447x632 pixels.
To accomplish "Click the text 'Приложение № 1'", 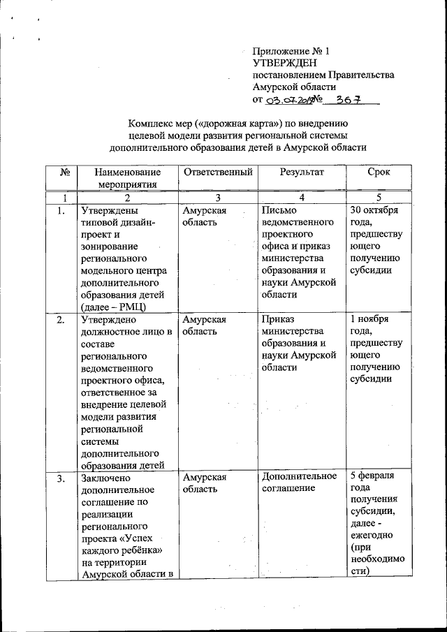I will (290, 51).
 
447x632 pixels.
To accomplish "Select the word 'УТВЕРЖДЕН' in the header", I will (283, 63).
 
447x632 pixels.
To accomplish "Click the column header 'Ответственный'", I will (217, 172).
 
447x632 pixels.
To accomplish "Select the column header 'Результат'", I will (302, 172).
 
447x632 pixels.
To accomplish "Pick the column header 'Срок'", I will (377, 172).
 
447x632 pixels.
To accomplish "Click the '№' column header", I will (64, 172).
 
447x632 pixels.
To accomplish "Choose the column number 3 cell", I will (217, 198).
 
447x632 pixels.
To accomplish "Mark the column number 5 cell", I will (377, 198).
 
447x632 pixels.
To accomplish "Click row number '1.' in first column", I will (62, 210).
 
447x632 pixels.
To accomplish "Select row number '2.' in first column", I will (62, 320).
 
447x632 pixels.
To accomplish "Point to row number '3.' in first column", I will (62, 478).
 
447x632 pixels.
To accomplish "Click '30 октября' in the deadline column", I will (374, 210).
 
